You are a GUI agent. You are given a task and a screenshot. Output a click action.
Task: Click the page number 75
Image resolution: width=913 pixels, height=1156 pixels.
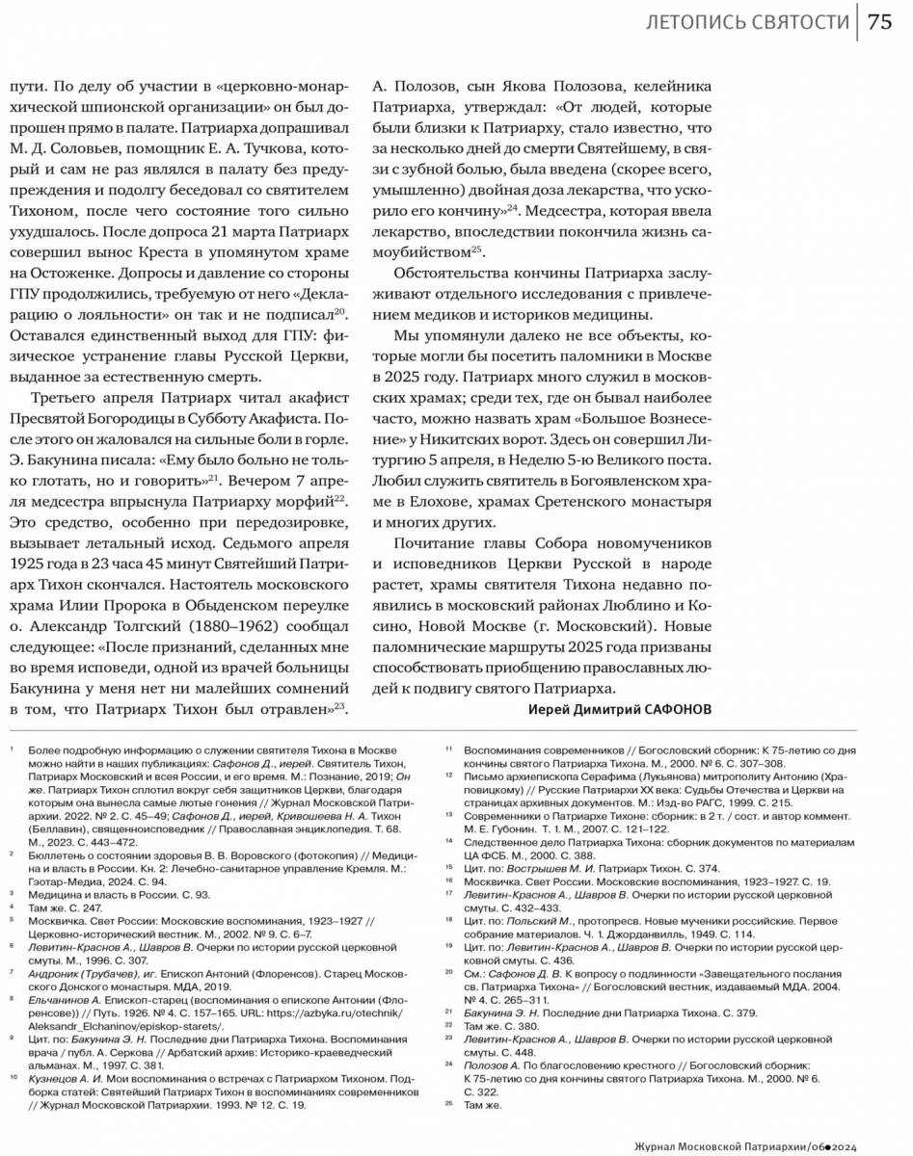879,23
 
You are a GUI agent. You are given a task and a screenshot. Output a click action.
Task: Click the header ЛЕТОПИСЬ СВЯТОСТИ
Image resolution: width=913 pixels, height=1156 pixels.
747,23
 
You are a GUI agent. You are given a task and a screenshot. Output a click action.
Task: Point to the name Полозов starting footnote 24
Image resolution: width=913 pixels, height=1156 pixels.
487,1064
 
